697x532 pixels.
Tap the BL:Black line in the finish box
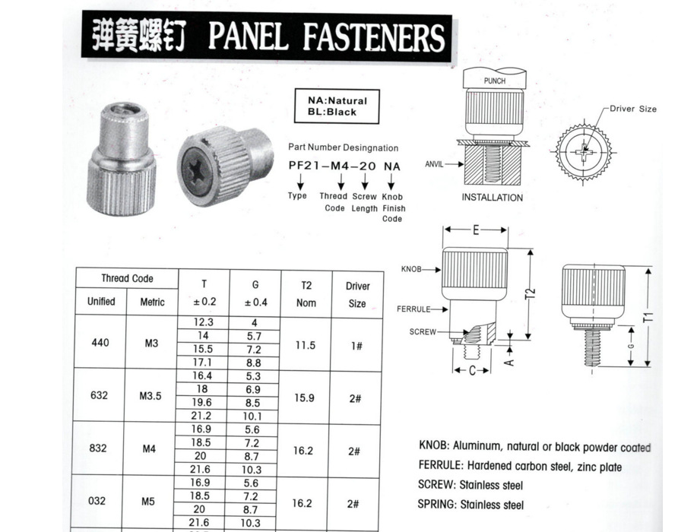pyautogui.click(x=332, y=112)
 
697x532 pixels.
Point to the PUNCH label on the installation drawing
pyautogui.click(x=494, y=79)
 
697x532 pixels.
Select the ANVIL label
pyautogui.click(x=435, y=163)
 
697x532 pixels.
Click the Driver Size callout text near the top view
pyautogui.click(x=632, y=109)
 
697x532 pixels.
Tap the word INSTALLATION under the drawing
pyautogui.click(x=493, y=198)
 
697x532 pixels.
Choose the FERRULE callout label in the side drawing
pyautogui.click(x=413, y=309)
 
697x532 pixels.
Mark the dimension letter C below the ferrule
pyautogui.click(x=472, y=371)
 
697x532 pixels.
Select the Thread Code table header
pyautogui.click(x=127, y=278)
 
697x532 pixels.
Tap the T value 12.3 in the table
pyautogui.click(x=204, y=322)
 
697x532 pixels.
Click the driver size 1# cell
pyautogui.click(x=356, y=344)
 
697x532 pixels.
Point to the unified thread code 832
pyautogui.click(x=98, y=448)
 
